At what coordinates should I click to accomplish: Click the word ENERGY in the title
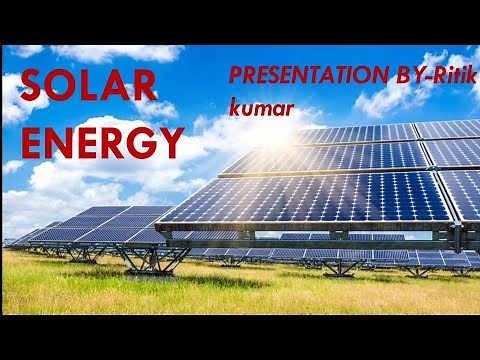click(102, 143)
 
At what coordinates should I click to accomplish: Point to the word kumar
click(260, 107)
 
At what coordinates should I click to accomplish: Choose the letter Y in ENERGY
click(171, 143)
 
